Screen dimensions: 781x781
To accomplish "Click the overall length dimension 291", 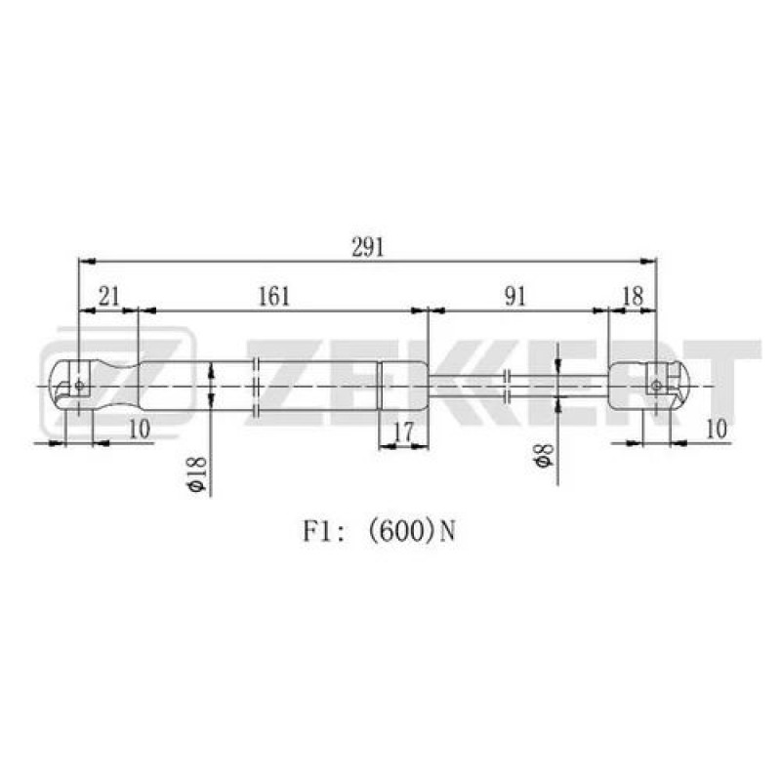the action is point(368,247).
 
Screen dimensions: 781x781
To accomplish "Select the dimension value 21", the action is point(109,297).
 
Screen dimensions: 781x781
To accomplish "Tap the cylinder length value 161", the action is point(274,297).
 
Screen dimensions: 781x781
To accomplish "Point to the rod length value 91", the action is point(515,297).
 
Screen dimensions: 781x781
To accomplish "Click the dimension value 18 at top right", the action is point(633,297).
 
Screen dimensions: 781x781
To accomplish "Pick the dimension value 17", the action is point(403,432).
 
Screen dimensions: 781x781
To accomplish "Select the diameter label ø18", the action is point(197,473).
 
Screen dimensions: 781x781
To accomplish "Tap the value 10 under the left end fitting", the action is point(140,429).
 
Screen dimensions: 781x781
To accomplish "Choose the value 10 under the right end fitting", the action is point(717,429).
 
